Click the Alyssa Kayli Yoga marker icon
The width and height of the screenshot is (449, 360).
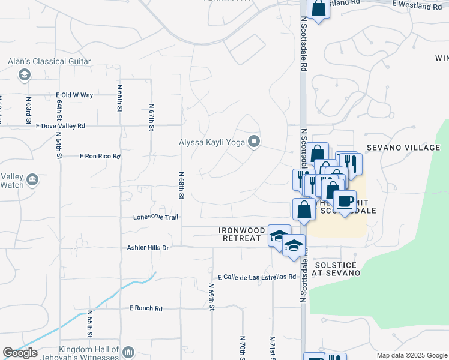pyautogui.click(x=254, y=142)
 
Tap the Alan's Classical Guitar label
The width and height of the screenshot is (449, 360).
pyautogui.click(x=49, y=61)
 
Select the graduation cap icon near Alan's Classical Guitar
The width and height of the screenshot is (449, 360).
pyautogui.click(x=25, y=74)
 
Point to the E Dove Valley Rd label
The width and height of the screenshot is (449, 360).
pyautogui.click(x=61, y=126)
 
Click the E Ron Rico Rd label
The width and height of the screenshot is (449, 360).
pyautogui.click(x=100, y=156)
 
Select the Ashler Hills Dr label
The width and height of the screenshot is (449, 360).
pyautogui.click(x=148, y=247)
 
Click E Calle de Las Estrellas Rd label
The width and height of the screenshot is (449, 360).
pyautogui.click(x=258, y=277)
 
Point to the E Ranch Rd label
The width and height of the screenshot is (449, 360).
pyautogui.click(x=146, y=308)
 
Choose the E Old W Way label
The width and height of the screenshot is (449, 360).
pyautogui.click(x=74, y=95)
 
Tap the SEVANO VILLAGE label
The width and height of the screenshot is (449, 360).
pyautogui.click(x=403, y=148)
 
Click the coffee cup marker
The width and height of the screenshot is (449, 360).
pyautogui.click(x=345, y=202)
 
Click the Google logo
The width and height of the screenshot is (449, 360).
pyautogui.click(x=20, y=353)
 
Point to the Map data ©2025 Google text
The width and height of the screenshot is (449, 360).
pyautogui.click(x=411, y=355)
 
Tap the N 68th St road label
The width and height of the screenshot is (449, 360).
pyautogui.click(x=181, y=185)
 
